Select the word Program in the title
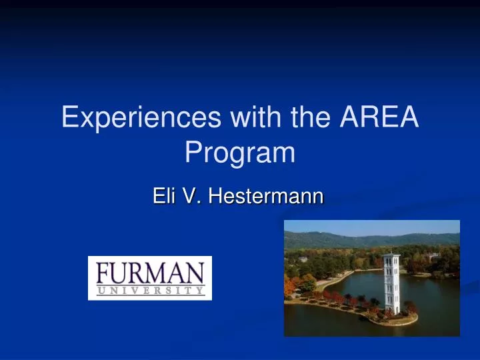[239, 153]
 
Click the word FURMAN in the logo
[150, 273]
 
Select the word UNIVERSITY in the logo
[150, 290]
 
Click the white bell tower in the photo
[391, 283]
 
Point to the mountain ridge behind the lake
[373, 237]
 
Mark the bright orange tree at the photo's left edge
[290, 287]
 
